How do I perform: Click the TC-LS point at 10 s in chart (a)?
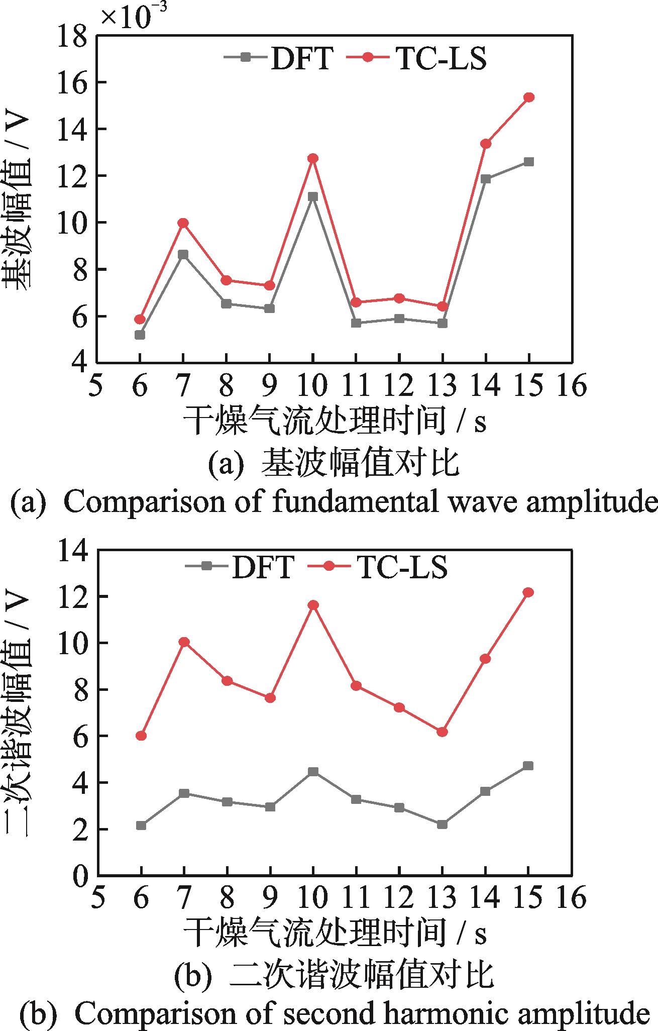[x=313, y=159]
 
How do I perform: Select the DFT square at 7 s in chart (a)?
[x=183, y=255]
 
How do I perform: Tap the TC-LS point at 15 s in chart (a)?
[x=529, y=97]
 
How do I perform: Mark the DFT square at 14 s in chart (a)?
[x=486, y=179]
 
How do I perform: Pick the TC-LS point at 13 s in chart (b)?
[x=442, y=732]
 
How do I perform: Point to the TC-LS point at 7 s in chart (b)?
[x=184, y=642]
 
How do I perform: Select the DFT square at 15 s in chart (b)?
[x=528, y=766]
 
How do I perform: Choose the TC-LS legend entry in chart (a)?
[x=417, y=58]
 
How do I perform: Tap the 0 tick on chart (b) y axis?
[x=80, y=877]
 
